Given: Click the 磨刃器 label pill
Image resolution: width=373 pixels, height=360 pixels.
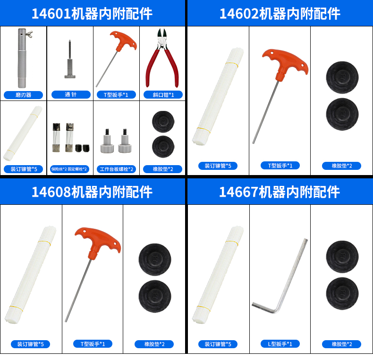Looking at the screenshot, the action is pyautogui.click(x=23, y=95).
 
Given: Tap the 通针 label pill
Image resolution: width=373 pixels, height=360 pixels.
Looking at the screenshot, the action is pyautogui.click(x=71, y=95).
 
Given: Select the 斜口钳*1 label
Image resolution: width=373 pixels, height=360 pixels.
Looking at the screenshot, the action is pyautogui.click(x=163, y=95).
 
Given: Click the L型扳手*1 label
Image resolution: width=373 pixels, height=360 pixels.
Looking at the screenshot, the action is pyautogui.click(x=280, y=344).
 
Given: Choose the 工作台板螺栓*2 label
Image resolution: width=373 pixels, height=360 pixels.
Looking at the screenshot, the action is pyautogui.click(x=116, y=169).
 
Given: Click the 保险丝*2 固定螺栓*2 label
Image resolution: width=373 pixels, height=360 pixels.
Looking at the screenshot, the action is pyautogui.click(x=69, y=169).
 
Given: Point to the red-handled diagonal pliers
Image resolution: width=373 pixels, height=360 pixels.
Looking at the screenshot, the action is pyautogui.click(x=162, y=58).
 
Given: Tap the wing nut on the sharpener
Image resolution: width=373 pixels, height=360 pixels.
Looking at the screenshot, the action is pyautogui.click(x=29, y=33).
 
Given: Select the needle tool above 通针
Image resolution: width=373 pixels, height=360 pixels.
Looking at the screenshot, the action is pyautogui.click(x=70, y=59).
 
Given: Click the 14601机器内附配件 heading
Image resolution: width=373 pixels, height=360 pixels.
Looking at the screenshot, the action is pyautogui.click(x=92, y=14).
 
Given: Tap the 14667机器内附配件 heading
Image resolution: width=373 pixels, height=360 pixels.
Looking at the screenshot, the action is pyautogui.click(x=279, y=192).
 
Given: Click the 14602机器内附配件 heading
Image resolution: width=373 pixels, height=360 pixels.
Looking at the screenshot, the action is pyautogui.click(x=280, y=14).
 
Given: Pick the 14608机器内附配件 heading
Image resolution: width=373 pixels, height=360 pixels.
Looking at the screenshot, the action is pyautogui.click(x=92, y=192).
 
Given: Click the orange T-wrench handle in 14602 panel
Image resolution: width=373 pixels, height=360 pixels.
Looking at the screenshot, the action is pyautogui.click(x=285, y=64).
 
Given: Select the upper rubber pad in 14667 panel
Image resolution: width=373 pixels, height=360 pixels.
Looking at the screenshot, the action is pyautogui.click(x=342, y=257).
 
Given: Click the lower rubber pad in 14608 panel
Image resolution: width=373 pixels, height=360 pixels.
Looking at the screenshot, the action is pyautogui.click(x=155, y=296).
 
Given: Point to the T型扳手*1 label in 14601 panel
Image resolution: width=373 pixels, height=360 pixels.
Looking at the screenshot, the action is pyautogui.click(x=116, y=95).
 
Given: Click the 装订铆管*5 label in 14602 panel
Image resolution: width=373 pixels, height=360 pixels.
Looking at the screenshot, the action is pyautogui.click(x=218, y=166).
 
